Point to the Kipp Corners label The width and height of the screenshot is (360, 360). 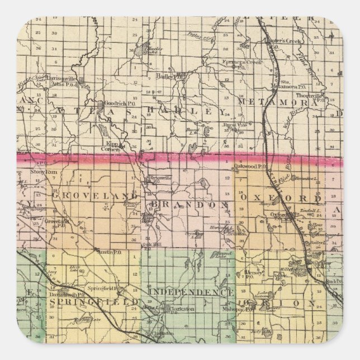pos(112,146)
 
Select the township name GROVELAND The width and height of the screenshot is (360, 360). pos(94,195)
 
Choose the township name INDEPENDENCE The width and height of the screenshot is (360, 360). pos(190,293)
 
